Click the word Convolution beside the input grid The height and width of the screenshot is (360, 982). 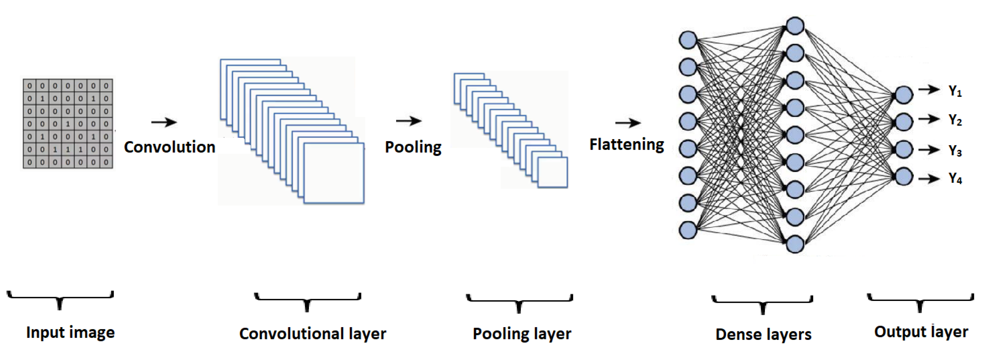coord(170,147)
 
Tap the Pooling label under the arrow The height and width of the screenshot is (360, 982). coord(413,147)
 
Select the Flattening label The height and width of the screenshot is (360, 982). coord(626,145)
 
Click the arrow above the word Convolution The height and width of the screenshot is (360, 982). coord(164,122)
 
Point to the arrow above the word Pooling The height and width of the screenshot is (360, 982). coord(409,121)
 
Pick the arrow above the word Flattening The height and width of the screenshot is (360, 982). coord(628,123)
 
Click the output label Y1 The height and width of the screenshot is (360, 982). coord(955,91)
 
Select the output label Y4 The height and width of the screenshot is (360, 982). coord(955,178)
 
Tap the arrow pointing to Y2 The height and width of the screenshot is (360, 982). coord(929,119)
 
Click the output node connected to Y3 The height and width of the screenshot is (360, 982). coord(903,149)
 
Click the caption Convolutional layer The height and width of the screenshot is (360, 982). coord(313,334)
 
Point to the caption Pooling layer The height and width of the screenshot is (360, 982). coord(522,334)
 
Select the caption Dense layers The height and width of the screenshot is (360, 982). coord(763,334)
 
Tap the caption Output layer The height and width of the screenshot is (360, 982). coord(921,332)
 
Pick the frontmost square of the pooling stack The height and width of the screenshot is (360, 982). coord(552,172)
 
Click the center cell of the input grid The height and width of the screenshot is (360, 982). coord(68,124)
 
